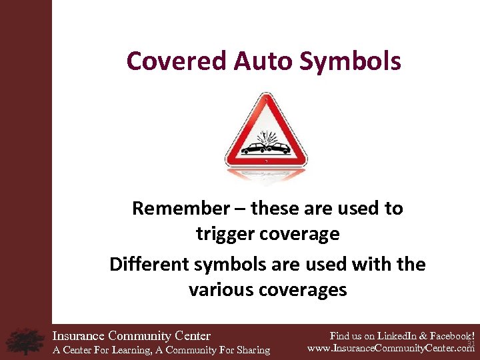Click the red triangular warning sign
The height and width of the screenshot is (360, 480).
pos(266,133)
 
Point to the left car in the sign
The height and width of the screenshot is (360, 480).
pos(253,148)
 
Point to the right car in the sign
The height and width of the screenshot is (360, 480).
pos(279,147)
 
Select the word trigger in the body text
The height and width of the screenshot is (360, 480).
pos(222,235)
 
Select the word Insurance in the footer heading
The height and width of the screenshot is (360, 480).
pos(79,336)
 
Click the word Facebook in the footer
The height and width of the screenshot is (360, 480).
pos(449,336)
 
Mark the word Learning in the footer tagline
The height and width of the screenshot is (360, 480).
pos(133,350)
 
